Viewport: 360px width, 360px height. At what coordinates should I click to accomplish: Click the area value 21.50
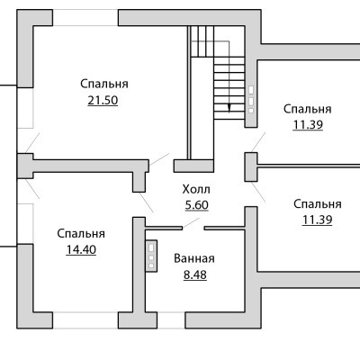click(x=103, y=101)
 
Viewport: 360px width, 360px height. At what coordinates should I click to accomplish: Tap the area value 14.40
click(x=81, y=249)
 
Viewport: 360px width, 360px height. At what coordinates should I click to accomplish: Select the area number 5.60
click(x=197, y=205)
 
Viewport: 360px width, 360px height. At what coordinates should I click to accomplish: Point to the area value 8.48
click(x=195, y=274)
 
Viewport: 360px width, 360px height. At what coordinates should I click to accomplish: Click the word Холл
click(x=196, y=190)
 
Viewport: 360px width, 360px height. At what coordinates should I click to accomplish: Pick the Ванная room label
click(x=194, y=258)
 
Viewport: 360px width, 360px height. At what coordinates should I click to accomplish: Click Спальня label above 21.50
click(x=104, y=84)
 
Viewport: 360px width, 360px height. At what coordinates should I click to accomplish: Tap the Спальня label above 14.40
click(x=81, y=234)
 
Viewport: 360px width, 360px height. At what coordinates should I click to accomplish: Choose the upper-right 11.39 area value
click(x=308, y=125)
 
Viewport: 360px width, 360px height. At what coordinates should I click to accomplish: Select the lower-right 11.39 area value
click(x=317, y=220)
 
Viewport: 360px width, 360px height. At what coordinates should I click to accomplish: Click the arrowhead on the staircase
click(x=229, y=108)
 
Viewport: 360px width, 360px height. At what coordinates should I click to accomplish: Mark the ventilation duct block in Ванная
click(x=151, y=256)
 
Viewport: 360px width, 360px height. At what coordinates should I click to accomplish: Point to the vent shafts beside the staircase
click(x=251, y=100)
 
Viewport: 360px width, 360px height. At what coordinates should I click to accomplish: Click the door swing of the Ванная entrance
click(x=191, y=223)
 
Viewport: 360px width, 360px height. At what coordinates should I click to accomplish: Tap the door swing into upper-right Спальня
click(x=258, y=142)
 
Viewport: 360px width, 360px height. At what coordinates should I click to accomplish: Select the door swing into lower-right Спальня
click(x=258, y=192)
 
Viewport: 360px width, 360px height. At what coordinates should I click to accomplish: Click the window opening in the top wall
click(x=85, y=18)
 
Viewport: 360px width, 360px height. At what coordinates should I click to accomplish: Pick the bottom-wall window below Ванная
click(x=171, y=320)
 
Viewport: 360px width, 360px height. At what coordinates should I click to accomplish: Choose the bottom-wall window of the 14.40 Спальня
click(x=85, y=320)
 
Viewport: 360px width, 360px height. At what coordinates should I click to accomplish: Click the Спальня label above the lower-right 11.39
click(x=318, y=204)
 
